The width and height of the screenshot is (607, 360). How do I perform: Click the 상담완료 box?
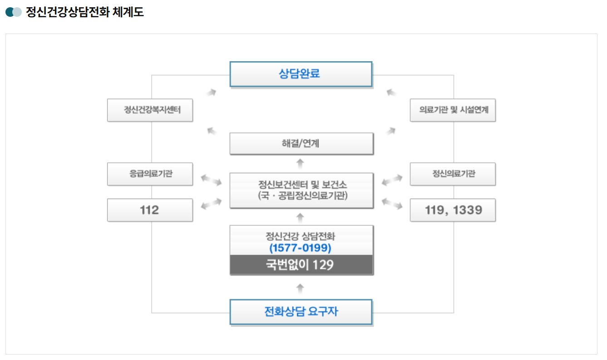tap(301, 74)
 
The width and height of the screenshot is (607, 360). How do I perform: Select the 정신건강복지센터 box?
tap(150, 110)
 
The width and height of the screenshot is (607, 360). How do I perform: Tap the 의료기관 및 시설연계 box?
tap(452, 110)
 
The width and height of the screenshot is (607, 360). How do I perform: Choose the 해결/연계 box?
tap(301, 144)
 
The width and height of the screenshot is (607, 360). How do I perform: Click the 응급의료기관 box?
tap(150, 174)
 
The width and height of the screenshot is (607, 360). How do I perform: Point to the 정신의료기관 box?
tap(452, 174)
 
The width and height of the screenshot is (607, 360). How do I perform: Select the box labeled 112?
tap(150, 210)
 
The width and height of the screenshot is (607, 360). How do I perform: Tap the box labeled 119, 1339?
tap(452, 210)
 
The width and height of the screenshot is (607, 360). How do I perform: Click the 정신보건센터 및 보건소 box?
tap(301, 190)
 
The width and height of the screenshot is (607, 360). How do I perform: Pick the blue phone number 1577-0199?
tap(300, 248)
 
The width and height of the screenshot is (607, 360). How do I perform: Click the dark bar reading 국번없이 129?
tap(301, 265)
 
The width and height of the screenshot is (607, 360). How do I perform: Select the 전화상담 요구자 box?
tap(301, 311)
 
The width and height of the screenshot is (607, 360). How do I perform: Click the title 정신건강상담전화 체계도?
tap(85, 12)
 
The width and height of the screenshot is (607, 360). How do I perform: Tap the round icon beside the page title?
tap(14, 12)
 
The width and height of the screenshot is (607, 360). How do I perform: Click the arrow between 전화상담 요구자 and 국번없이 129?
tap(300, 287)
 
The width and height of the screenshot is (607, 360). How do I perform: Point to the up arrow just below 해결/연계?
tap(300, 163)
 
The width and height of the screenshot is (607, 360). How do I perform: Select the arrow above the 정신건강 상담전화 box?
tap(300, 217)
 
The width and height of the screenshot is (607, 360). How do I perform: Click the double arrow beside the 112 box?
tap(211, 204)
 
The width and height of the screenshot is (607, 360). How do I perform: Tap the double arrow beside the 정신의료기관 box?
tap(392, 180)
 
